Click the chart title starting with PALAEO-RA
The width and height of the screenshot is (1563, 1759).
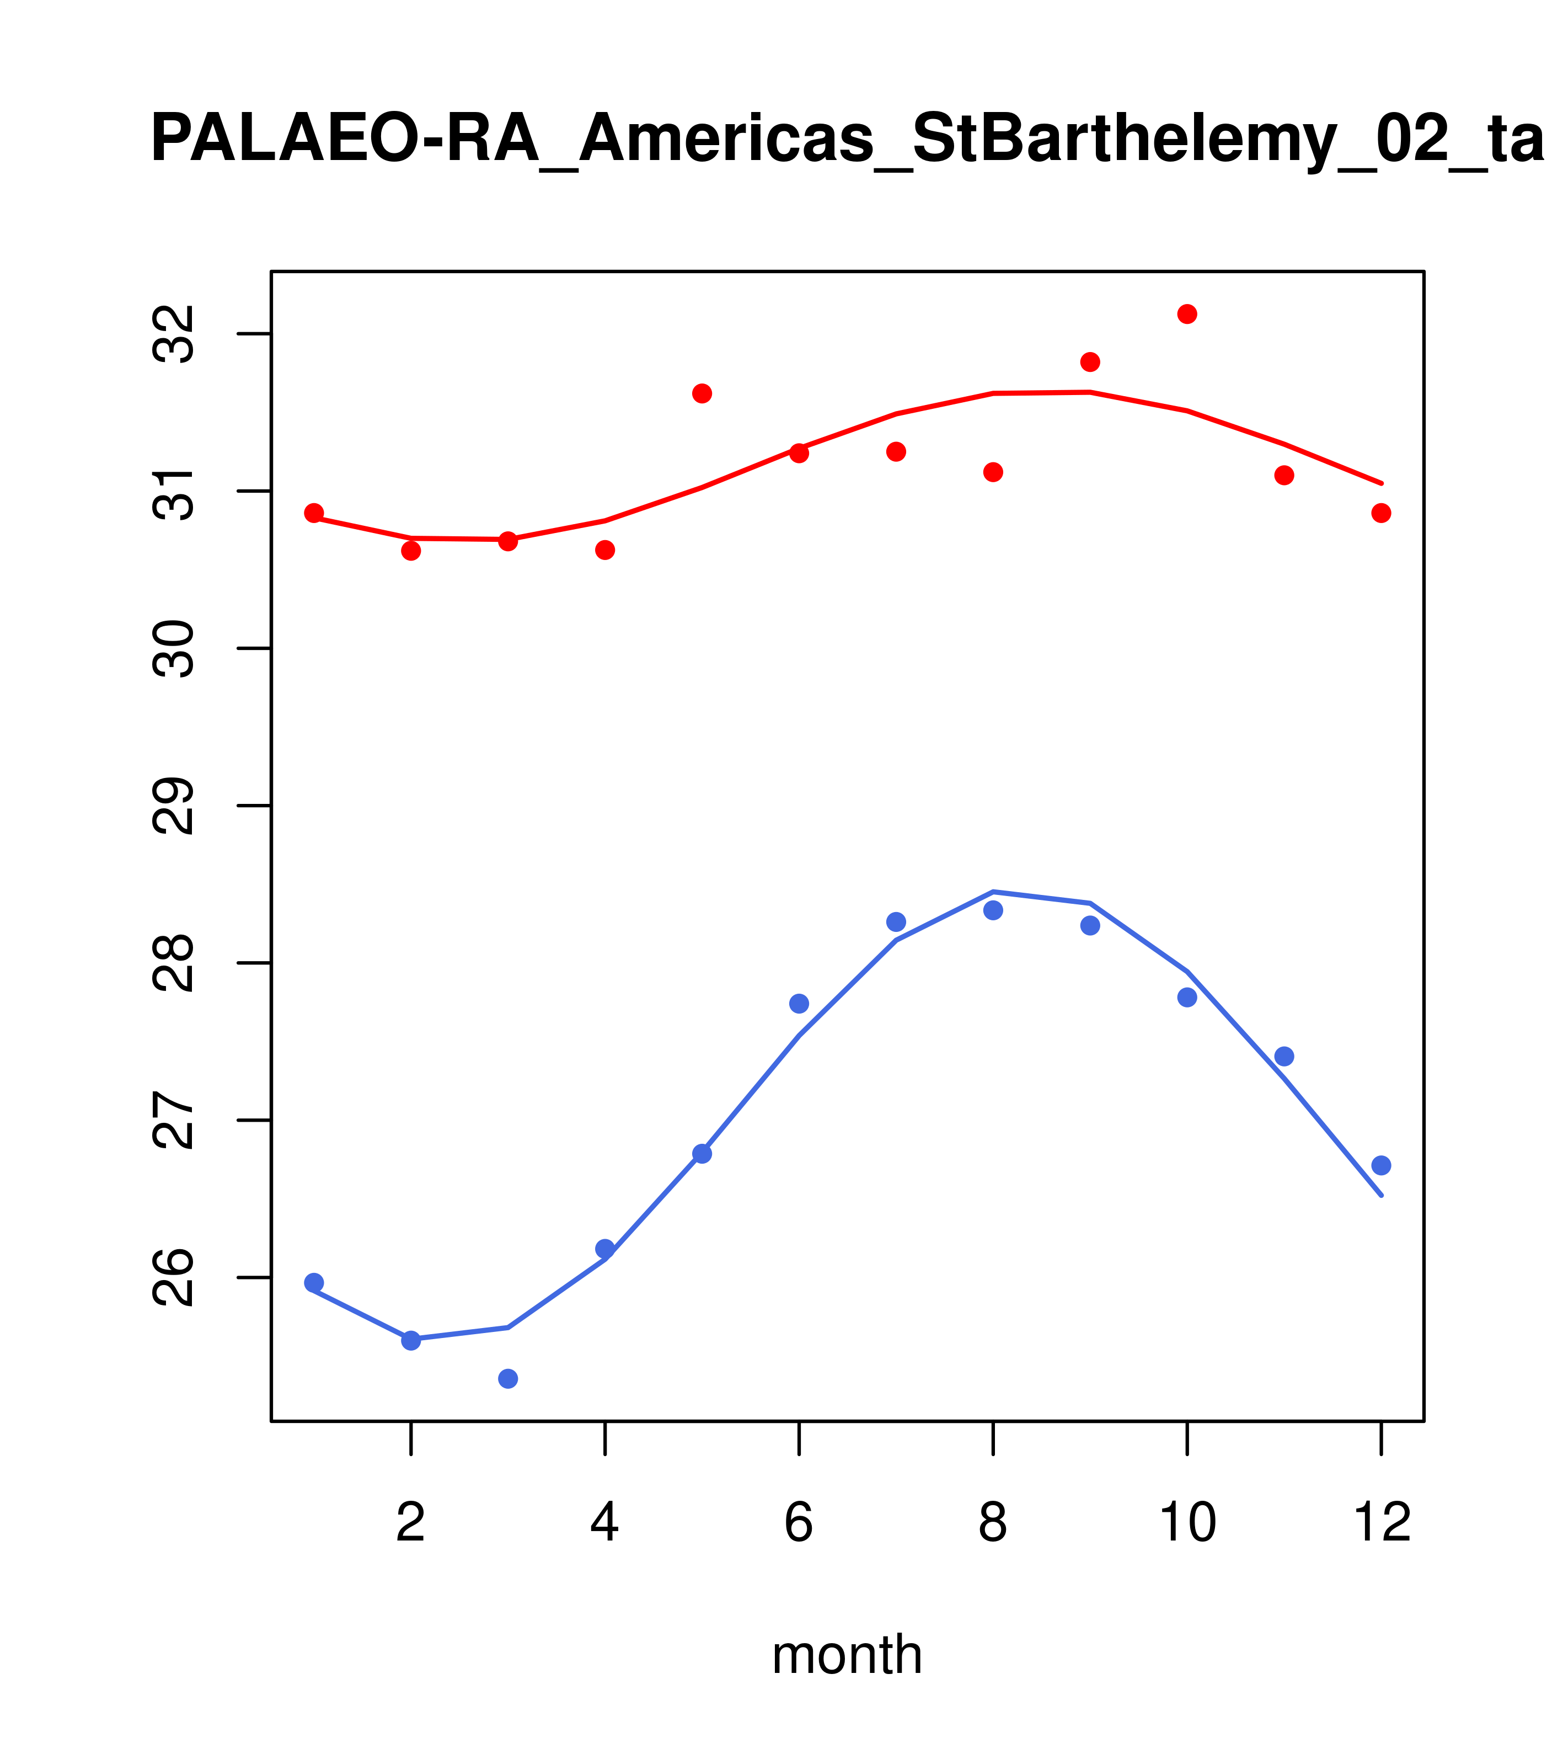847,140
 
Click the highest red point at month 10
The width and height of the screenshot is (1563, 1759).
1187,314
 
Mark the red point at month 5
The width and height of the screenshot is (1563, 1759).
702,393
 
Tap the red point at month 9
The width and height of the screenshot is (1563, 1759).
1090,361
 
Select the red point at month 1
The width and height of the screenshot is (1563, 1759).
314,513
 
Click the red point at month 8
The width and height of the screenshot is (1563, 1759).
993,472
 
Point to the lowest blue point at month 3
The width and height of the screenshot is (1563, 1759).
508,1379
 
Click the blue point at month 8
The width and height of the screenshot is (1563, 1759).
993,910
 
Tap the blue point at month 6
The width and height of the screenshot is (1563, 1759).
799,1004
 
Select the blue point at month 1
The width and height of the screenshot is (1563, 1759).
314,1282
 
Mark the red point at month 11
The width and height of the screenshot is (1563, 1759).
1284,475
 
